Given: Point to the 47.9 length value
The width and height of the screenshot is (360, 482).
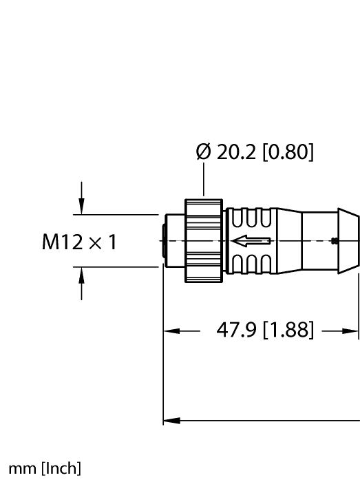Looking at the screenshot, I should click(233, 331).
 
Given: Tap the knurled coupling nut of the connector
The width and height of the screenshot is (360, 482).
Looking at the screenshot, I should click(204, 241).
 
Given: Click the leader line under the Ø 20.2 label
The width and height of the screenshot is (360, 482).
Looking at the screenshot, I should click(204, 182).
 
